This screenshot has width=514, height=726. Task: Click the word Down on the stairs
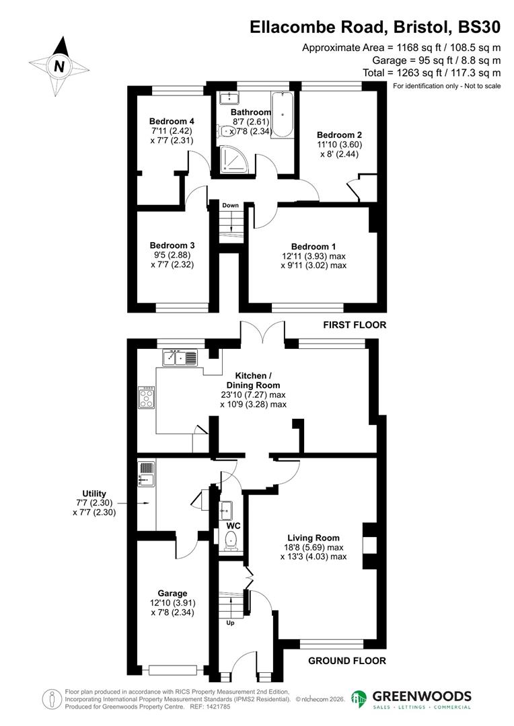pos(231,205)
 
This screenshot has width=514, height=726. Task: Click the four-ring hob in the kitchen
pos(146,399)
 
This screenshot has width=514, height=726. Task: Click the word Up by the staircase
pos(230,623)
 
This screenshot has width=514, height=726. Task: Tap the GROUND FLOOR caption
pos(347,661)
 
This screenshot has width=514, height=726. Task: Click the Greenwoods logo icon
pos(360,700)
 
